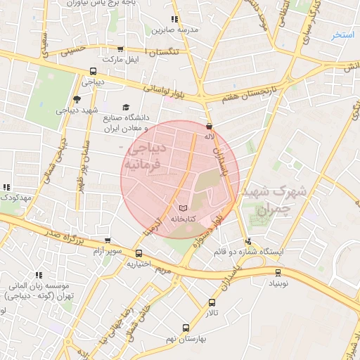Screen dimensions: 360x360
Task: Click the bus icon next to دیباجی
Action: (93, 72)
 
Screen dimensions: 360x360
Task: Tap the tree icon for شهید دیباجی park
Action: (77, 100)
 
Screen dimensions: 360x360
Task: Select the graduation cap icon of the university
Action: (126, 108)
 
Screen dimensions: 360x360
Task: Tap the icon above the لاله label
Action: (209, 126)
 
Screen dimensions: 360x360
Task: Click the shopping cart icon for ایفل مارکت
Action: (121, 49)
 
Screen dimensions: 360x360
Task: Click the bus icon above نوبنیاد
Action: (278, 272)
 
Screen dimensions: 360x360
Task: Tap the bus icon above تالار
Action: (212, 303)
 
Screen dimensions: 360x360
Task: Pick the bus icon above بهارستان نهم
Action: (186, 328)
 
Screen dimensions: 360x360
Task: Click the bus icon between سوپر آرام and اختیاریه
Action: (139, 254)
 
